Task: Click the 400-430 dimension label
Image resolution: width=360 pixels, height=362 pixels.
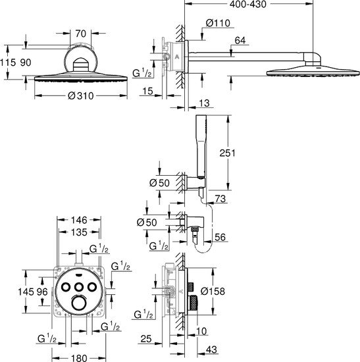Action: tap(247, 4)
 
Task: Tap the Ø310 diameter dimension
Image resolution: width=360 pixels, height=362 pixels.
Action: tap(81, 95)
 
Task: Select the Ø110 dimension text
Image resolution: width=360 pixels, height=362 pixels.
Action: tap(218, 23)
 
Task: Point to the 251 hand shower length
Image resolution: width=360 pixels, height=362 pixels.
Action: tap(227, 153)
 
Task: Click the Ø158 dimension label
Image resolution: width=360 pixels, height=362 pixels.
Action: tap(213, 291)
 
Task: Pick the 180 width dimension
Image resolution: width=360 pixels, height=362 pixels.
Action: tap(79, 358)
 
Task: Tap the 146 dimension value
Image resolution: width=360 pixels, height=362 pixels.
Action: tap(79, 220)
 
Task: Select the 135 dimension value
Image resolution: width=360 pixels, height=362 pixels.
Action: tap(79, 232)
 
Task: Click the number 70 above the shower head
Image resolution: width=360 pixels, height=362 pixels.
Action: tap(80, 34)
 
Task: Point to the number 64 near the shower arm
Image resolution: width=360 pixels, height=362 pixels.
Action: tap(240, 40)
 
